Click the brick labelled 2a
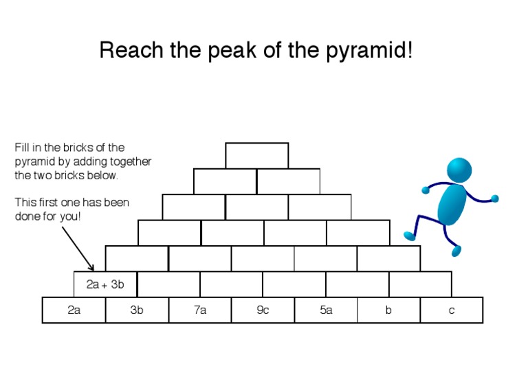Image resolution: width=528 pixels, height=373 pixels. tap(74, 310)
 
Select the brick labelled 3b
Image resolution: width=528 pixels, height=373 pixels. tap(137, 310)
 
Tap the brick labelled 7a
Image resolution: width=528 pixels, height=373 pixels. tap(200, 310)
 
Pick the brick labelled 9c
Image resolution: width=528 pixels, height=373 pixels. tap(263, 310)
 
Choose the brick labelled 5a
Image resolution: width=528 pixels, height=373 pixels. tap(326, 310)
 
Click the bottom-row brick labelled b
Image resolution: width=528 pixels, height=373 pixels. tap(388, 310)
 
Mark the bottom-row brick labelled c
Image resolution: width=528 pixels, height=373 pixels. tap(452, 310)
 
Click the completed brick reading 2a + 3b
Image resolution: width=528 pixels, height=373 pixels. tap(105, 284)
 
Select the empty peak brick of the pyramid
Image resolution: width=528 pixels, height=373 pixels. tap(256, 155)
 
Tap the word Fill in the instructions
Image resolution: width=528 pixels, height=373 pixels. tap(21, 148)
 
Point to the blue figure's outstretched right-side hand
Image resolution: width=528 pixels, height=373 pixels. tap(494, 199)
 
